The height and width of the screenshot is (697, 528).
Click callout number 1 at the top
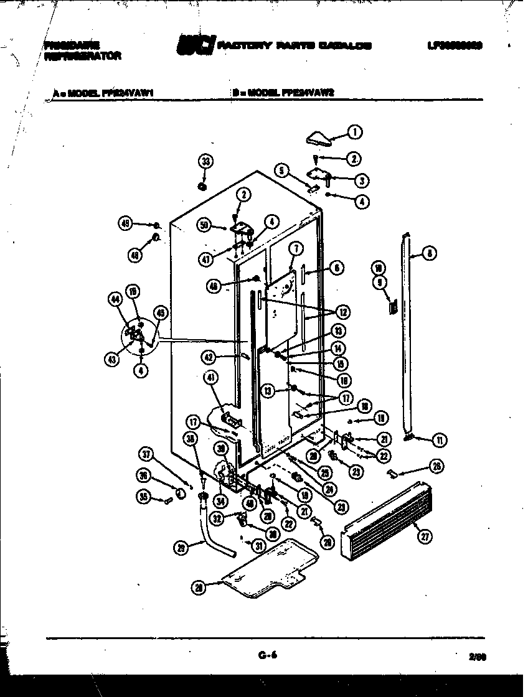point(354,131)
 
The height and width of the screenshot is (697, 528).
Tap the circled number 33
point(205,162)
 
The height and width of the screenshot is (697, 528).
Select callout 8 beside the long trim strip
point(428,253)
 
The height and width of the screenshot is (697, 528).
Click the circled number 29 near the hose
point(181,547)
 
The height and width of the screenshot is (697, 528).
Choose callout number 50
point(204,225)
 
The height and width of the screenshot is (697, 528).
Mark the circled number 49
point(126,224)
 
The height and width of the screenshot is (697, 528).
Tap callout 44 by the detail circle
point(114,300)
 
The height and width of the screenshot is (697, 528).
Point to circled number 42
point(208,357)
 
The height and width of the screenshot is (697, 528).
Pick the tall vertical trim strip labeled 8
point(408,336)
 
